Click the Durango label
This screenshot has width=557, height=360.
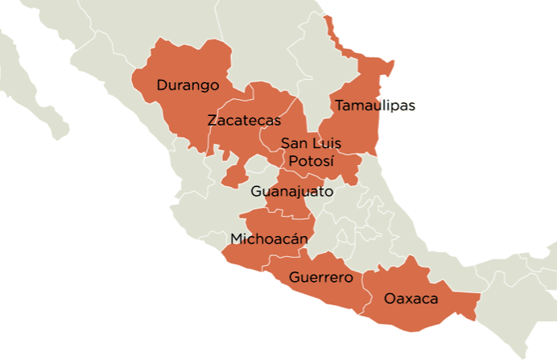pos(188,85)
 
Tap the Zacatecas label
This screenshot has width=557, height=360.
pos(244,121)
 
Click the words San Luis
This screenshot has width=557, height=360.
pos(311,143)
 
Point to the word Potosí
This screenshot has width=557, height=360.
pos(311,160)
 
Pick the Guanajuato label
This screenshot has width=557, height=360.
pos(291,192)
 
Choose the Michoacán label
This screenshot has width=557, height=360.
pos(270,238)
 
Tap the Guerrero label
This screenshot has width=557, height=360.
pos(320,278)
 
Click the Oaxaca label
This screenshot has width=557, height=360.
pos(411,299)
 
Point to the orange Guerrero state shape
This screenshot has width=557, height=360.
pos(330,294)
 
